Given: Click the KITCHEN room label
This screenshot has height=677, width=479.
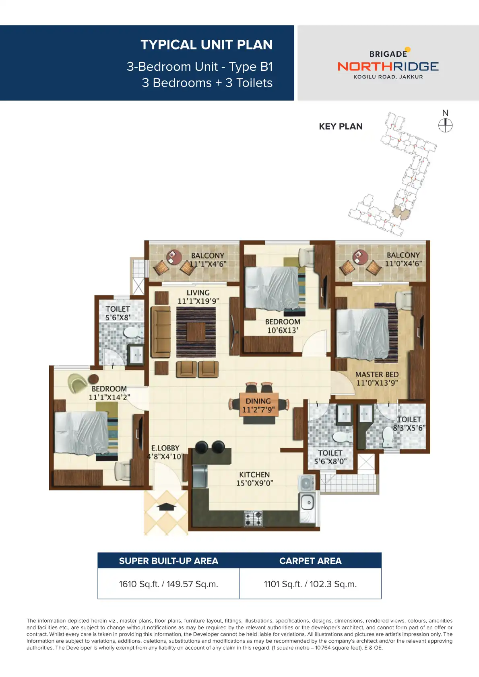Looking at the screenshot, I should (x=254, y=475).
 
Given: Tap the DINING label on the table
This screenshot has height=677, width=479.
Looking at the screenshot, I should (x=258, y=401).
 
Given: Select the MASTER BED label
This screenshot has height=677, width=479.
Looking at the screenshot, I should (x=377, y=375).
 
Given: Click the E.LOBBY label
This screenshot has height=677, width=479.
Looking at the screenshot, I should (x=165, y=448).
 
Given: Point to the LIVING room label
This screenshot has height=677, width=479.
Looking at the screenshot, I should (x=198, y=293).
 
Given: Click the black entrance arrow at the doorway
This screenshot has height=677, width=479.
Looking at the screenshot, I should (x=166, y=507).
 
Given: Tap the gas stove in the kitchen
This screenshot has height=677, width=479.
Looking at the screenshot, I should (x=253, y=518).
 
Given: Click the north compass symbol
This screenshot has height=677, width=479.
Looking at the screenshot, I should (x=445, y=126).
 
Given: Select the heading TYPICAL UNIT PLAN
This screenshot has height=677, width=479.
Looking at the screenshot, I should (x=206, y=45).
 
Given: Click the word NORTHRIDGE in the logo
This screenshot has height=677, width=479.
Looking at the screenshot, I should (x=388, y=67).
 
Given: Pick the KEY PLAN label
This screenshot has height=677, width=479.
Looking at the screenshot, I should (x=341, y=126).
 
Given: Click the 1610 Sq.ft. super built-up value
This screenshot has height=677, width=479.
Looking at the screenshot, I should (x=168, y=584).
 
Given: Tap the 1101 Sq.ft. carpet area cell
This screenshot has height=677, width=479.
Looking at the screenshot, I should (x=310, y=584).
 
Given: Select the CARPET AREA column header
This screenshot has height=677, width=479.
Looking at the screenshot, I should (x=310, y=561).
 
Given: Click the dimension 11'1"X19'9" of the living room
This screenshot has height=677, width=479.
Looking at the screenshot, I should (x=198, y=301).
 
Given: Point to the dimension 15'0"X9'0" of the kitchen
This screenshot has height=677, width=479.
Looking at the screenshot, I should (x=254, y=483).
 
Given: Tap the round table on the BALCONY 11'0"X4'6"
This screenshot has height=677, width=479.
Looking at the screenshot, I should (x=360, y=257).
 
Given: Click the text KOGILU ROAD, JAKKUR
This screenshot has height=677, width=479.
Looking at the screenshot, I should (x=388, y=77).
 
